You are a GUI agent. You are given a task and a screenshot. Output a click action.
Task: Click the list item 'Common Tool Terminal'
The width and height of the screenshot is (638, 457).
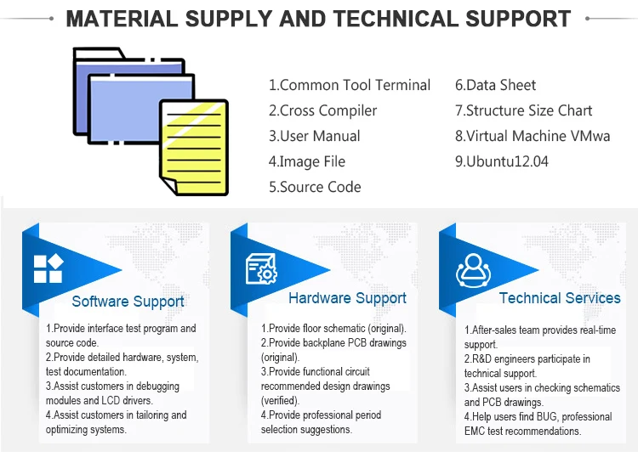(x=350, y=85)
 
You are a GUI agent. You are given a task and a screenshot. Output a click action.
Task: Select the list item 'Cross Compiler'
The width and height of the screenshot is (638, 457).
(x=322, y=110)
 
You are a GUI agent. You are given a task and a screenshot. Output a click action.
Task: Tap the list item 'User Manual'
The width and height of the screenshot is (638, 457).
(x=314, y=136)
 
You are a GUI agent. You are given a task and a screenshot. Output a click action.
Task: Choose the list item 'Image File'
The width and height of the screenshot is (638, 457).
(x=307, y=161)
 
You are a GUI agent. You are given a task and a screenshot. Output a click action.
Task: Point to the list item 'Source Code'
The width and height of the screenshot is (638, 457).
(x=315, y=187)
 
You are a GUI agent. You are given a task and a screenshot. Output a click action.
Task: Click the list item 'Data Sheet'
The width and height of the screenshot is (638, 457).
(x=495, y=85)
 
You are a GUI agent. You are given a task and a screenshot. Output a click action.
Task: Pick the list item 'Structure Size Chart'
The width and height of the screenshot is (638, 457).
(x=523, y=110)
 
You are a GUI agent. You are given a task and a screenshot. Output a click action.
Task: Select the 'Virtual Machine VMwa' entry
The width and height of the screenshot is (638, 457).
(x=532, y=136)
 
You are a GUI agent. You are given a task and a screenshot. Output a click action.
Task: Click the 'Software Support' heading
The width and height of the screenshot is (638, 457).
(x=128, y=302)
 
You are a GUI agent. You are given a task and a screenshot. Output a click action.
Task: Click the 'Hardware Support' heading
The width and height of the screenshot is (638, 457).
(x=347, y=298)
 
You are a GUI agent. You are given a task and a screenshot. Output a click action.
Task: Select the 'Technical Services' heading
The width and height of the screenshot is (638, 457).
(x=560, y=298)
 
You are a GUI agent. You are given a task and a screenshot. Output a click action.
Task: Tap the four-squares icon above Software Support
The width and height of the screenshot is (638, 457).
(x=48, y=269)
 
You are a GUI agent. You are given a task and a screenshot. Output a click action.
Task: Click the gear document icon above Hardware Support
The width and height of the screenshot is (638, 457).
(x=261, y=269)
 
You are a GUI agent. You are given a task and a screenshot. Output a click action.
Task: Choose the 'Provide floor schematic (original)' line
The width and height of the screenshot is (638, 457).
(x=333, y=328)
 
